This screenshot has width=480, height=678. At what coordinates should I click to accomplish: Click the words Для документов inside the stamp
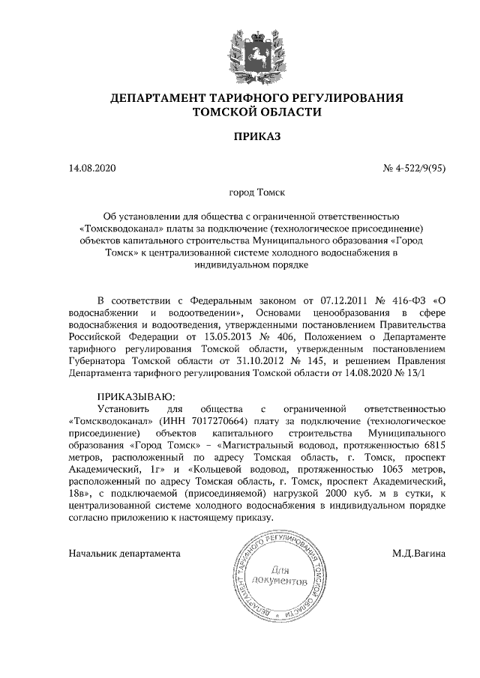click(279, 575)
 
